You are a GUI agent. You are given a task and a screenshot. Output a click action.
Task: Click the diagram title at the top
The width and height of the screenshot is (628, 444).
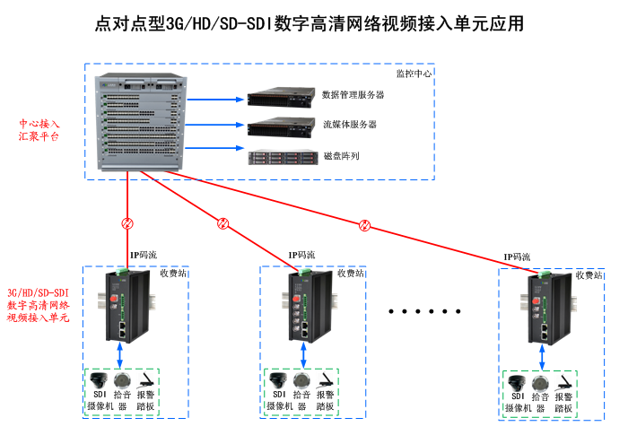(x=309, y=24)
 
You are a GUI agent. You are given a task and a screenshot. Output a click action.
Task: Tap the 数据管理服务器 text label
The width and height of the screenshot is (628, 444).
(x=353, y=94)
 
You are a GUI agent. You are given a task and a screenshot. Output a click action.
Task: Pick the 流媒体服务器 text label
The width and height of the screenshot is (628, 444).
(x=349, y=125)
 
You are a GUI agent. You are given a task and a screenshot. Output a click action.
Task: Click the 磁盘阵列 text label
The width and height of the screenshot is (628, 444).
(x=341, y=156)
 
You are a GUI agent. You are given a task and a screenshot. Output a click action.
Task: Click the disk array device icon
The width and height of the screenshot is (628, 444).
(x=281, y=157)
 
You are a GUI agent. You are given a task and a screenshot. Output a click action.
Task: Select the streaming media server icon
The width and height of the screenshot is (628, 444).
(x=281, y=126)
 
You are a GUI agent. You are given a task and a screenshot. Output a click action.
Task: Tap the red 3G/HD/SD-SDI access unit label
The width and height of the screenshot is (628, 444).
(x=38, y=305)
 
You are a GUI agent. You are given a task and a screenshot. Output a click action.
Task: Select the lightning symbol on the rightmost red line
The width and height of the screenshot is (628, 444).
(x=364, y=224)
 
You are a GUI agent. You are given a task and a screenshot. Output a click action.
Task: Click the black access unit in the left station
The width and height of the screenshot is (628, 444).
(x=126, y=306)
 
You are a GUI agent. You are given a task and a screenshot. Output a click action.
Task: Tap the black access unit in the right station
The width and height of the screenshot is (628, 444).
(x=548, y=306)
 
